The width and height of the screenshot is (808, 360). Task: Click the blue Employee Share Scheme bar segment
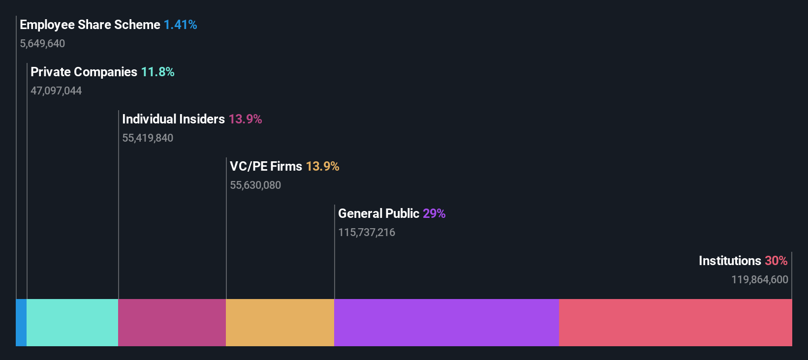[21, 323]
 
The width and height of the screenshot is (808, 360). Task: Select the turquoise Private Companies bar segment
[72, 323]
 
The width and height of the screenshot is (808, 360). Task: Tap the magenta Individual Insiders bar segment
[172, 323]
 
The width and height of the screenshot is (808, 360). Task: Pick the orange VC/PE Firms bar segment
[280, 323]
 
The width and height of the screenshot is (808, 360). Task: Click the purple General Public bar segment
[446, 323]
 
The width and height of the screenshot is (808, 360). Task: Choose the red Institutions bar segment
[675, 323]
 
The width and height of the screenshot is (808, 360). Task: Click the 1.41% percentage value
[180, 25]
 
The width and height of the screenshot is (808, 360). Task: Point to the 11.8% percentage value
[157, 72]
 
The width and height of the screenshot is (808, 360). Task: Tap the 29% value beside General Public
[434, 213]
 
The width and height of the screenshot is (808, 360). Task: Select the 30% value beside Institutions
[776, 261]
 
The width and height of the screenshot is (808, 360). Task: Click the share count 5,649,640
[42, 43]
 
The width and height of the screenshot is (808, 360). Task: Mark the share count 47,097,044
[56, 90]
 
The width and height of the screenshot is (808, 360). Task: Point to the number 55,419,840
[148, 138]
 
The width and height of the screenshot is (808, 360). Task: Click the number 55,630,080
[255, 185]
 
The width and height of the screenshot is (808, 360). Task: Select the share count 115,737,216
[367, 232]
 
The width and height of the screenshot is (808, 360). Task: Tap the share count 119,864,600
[759, 279]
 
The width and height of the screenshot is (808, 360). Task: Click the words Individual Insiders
[173, 119]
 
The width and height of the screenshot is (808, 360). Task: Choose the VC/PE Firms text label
[266, 166]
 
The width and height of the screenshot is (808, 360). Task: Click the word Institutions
[730, 261]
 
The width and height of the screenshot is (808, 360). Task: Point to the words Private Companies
[84, 72]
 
